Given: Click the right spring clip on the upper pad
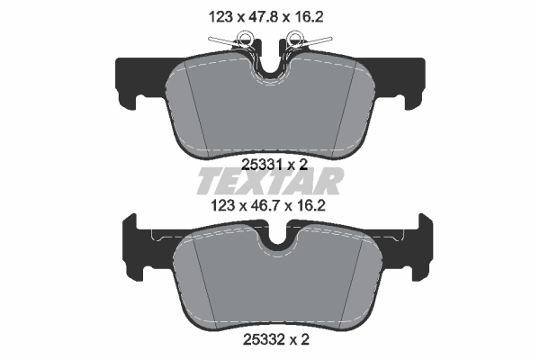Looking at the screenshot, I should click(305, 40).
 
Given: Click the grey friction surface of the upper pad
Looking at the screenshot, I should click(270, 112).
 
